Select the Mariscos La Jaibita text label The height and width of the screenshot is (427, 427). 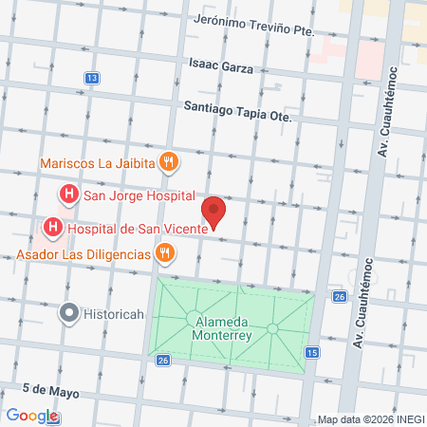click(98, 162)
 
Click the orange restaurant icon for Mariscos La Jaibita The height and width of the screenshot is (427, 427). click(168, 161)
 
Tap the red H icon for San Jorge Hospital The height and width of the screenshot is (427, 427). click(68, 195)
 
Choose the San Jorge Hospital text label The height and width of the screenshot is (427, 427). click(139, 196)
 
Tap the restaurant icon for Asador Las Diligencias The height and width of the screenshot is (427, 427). click(165, 252)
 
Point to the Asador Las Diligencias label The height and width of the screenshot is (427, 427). click(83, 254)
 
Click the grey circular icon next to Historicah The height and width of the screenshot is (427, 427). click(68, 311)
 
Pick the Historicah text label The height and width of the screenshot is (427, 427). click(115, 312)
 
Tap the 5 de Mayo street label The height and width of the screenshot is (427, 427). click(47, 390)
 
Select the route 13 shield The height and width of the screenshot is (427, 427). click(91, 77)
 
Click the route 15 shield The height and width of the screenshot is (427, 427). click(312, 353)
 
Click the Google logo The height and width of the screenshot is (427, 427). click(32, 416)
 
